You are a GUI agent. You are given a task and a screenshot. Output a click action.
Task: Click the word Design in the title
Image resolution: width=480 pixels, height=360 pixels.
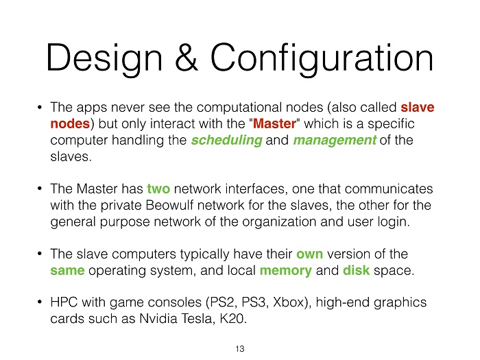(104, 59)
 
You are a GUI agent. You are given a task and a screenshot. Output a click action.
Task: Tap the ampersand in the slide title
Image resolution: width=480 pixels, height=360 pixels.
(187, 57)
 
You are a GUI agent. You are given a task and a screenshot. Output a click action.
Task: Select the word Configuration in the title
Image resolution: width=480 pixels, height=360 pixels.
(322, 59)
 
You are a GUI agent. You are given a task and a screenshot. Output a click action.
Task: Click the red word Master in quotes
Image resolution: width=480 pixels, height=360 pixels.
(274, 123)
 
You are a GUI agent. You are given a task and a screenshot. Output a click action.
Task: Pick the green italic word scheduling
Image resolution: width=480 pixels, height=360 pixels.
(227, 140)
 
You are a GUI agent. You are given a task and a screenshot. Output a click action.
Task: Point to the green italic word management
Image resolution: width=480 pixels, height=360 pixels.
(335, 140)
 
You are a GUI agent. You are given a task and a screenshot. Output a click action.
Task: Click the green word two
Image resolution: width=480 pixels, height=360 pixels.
(158, 189)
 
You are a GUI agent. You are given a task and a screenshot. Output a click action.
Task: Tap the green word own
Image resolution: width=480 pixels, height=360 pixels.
(309, 254)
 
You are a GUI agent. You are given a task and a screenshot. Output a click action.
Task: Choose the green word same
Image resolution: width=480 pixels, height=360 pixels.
(67, 271)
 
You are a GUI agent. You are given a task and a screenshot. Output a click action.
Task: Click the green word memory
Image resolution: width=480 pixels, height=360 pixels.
(286, 272)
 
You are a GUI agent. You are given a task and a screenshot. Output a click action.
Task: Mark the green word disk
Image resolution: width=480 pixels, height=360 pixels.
(357, 270)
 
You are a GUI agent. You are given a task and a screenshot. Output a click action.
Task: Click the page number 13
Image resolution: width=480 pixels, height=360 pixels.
(240, 348)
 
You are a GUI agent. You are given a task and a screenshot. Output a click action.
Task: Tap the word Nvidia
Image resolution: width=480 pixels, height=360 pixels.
(158, 318)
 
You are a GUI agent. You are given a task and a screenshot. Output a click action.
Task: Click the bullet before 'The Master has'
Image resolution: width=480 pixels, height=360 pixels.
(40, 189)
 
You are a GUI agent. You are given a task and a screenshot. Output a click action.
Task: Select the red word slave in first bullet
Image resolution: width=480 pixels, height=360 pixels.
(418, 107)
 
